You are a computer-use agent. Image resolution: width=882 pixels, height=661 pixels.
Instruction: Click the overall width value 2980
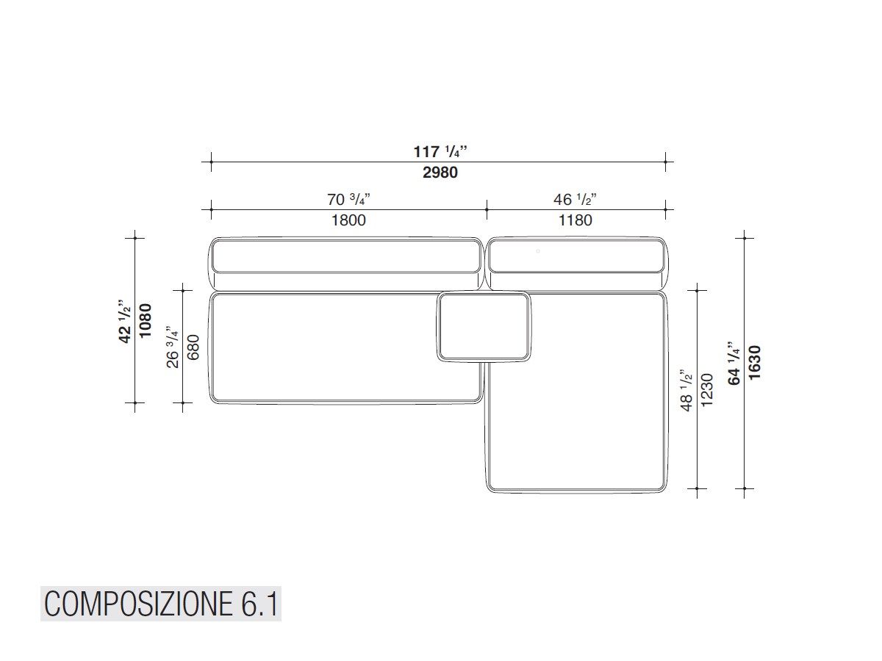pyautogui.click(x=440, y=173)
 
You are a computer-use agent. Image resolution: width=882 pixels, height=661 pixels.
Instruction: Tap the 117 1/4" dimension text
pyautogui.click(x=440, y=152)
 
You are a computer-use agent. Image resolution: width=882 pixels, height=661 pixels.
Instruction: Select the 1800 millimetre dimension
pyautogui.click(x=348, y=220)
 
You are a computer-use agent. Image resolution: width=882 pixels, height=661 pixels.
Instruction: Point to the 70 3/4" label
pyautogui.click(x=348, y=199)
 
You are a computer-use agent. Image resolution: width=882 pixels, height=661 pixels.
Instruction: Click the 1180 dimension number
pyautogui.click(x=575, y=220)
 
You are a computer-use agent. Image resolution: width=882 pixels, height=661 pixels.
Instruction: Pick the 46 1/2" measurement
pyautogui.click(x=575, y=199)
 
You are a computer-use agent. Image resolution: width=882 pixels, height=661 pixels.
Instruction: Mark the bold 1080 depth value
pyautogui.click(x=146, y=320)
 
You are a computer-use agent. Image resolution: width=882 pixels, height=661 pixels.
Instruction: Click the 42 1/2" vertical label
pyautogui.click(x=126, y=320)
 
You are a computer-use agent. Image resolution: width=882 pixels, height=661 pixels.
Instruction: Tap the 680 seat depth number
pyautogui.click(x=193, y=347)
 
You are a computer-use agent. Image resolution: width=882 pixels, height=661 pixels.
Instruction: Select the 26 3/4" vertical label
pyautogui.click(x=173, y=347)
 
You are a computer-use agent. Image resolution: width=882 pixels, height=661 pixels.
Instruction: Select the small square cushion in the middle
pyautogui.click(x=484, y=326)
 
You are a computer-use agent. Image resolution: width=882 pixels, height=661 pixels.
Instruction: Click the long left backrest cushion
pyautogui.click(x=346, y=256)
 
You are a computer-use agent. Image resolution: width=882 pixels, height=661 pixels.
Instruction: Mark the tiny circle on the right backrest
pyautogui.click(x=538, y=251)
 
